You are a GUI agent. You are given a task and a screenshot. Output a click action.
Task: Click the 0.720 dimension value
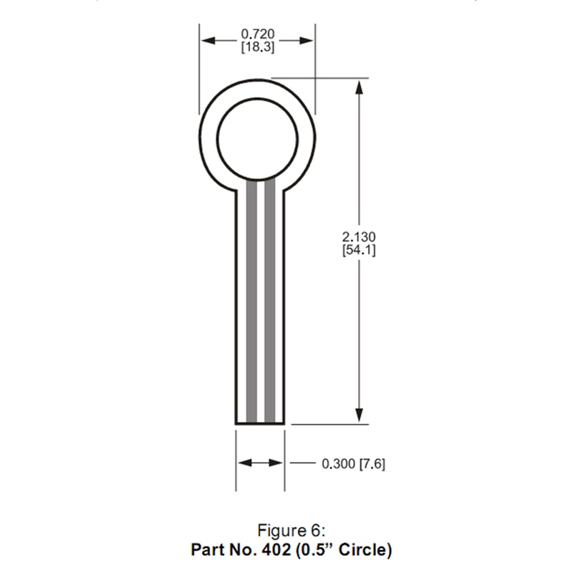pyautogui.click(x=258, y=34)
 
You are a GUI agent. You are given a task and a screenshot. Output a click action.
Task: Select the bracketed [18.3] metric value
pyautogui.click(x=258, y=47)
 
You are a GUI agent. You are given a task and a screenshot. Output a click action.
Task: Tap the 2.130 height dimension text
pyautogui.click(x=359, y=237)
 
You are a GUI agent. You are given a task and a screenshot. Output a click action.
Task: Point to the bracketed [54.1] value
pyautogui.click(x=359, y=250)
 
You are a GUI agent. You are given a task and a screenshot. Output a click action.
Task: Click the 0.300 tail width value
pyautogui.click(x=338, y=463)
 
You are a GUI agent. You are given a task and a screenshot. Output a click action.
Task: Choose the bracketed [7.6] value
pyautogui.click(x=372, y=463)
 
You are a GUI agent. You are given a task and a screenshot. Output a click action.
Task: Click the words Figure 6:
pyautogui.click(x=292, y=530)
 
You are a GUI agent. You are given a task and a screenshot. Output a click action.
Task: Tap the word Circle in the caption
pyautogui.click(x=361, y=549)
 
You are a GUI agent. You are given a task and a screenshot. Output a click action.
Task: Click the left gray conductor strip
pyautogui.click(x=251, y=302)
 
